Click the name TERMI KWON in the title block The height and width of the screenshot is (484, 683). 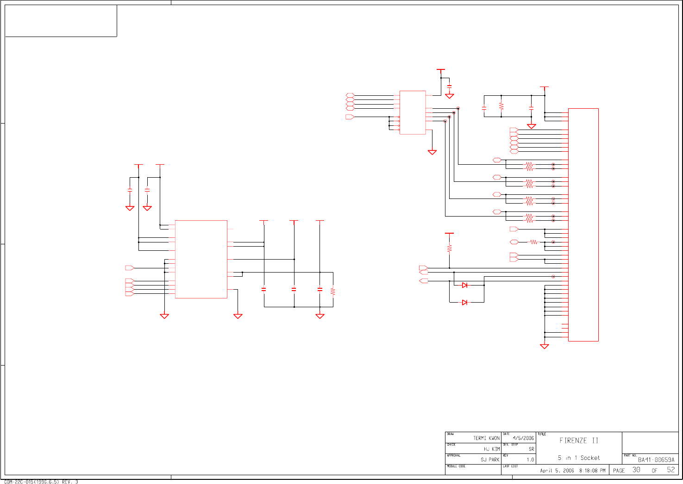click(x=486, y=438)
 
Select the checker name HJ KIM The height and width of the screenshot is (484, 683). click(x=492, y=449)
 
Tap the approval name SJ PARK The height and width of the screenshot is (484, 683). click(x=490, y=459)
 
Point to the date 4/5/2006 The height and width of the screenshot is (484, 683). click(x=523, y=438)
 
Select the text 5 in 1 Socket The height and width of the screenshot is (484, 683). click(x=578, y=458)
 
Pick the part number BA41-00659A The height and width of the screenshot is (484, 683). click(x=656, y=460)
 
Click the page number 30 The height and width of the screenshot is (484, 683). click(x=637, y=470)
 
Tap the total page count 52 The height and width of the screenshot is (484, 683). click(x=671, y=470)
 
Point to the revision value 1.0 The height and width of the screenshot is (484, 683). click(x=530, y=460)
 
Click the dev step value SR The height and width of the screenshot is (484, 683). click(x=531, y=449)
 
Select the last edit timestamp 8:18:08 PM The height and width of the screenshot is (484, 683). click(x=592, y=471)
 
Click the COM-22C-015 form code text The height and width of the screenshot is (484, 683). click(x=41, y=482)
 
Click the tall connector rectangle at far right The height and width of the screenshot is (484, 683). click(x=583, y=225)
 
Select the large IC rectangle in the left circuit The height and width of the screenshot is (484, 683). click(x=201, y=259)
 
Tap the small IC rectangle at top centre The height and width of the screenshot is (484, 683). click(x=413, y=112)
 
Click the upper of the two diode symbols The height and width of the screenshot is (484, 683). click(x=464, y=285)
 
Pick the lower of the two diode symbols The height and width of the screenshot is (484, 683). click(x=464, y=302)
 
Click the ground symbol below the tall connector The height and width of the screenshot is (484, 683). click(x=545, y=346)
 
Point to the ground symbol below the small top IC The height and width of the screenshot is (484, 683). click(x=432, y=152)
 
